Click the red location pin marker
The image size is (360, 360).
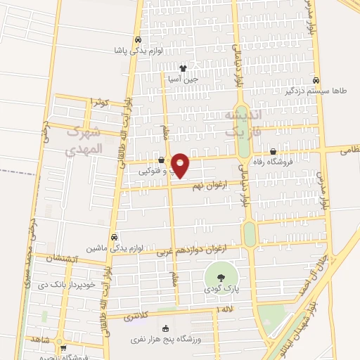(x=180, y=165)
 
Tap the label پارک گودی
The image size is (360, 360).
(x=219, y=289)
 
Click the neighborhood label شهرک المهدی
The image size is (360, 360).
(x=84, y=140)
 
